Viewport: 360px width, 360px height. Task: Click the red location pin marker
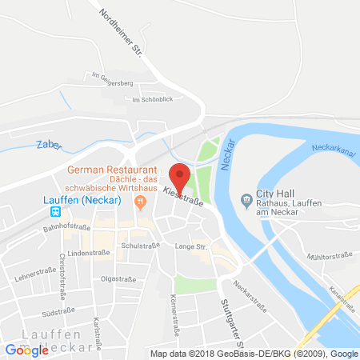(180, 174)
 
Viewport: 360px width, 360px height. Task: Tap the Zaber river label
(48, 146)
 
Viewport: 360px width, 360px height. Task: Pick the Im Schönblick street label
(152, 99)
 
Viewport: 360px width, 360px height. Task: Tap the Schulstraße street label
(136, 246)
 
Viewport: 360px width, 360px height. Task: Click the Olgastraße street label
(118, 279)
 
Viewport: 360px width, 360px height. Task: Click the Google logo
(27, 350)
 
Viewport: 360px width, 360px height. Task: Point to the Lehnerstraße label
(32, 277)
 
